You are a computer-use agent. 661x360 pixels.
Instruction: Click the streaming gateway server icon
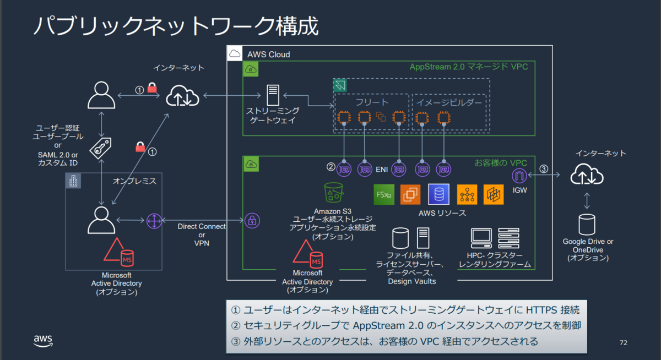(273, 95)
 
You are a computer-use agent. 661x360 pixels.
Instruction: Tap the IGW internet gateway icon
(519, 176)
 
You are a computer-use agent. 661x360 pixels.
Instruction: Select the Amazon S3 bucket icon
(333, 192)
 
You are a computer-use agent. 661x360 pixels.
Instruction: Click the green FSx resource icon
(384, 194)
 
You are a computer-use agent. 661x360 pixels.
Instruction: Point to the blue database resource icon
(438, 194)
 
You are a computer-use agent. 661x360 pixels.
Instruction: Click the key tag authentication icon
(101, 148)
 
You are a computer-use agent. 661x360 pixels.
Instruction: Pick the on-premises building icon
(73, 181)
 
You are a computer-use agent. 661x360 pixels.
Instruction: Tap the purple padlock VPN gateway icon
(252, 221)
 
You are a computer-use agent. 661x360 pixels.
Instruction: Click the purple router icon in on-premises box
(154, 221)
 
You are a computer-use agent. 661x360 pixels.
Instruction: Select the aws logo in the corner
(43, 341)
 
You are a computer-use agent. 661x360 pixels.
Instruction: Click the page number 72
(624, 342)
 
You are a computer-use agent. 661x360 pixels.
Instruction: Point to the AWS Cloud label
(269, 54)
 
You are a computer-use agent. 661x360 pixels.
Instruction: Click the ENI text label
(382, 170)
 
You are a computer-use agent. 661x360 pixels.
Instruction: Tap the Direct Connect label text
(202, 226)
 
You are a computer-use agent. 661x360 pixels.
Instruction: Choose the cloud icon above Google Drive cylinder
(587, 174)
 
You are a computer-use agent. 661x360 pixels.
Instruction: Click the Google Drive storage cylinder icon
(587, 225)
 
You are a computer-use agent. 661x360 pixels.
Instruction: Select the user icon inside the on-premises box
(101, 220)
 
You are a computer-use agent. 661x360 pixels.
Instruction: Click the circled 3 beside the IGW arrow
(544, 168)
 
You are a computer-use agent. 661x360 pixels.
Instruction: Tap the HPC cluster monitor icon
(481, 238)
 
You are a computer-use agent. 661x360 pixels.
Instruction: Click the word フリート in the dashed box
(372, 102)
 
